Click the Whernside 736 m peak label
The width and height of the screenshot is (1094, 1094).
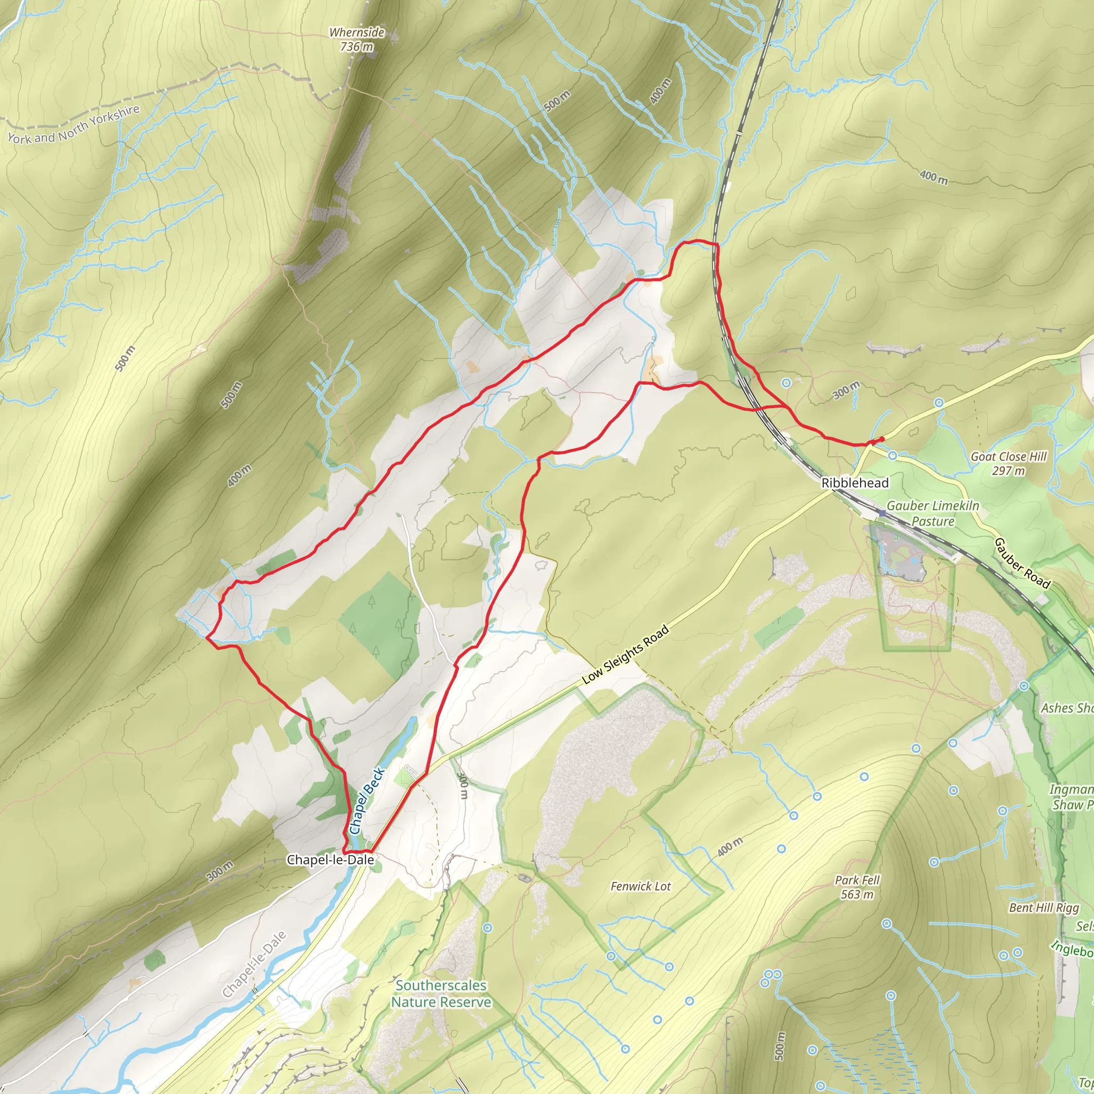coord(357,40)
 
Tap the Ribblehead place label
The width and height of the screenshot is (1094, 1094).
coord(855,483)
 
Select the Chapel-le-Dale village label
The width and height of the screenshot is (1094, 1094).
coord(330,859)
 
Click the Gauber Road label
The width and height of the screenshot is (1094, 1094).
coord(1022,564)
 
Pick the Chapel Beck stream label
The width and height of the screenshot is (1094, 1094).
coord(367,801)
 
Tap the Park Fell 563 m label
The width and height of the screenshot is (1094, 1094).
coord(857,887)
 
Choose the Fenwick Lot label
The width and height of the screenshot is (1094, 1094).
coord(640,886)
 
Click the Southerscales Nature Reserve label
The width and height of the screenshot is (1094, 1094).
coord(441,994)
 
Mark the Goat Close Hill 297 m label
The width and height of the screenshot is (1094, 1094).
coord(1009,463)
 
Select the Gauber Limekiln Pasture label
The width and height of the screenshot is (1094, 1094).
coord(933,513)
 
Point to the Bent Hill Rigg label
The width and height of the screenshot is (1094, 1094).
coord(1044,908)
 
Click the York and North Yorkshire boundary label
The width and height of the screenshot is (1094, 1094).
coord(74,124)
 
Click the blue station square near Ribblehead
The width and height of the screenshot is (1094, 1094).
coord(881,513)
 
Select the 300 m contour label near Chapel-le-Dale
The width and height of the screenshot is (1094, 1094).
coord(220,871)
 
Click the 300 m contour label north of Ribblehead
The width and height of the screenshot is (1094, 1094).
coord(846,390)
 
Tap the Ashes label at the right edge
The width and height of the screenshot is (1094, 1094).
coord(1066,708)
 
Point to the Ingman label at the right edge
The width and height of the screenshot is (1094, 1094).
coord(1070,790)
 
